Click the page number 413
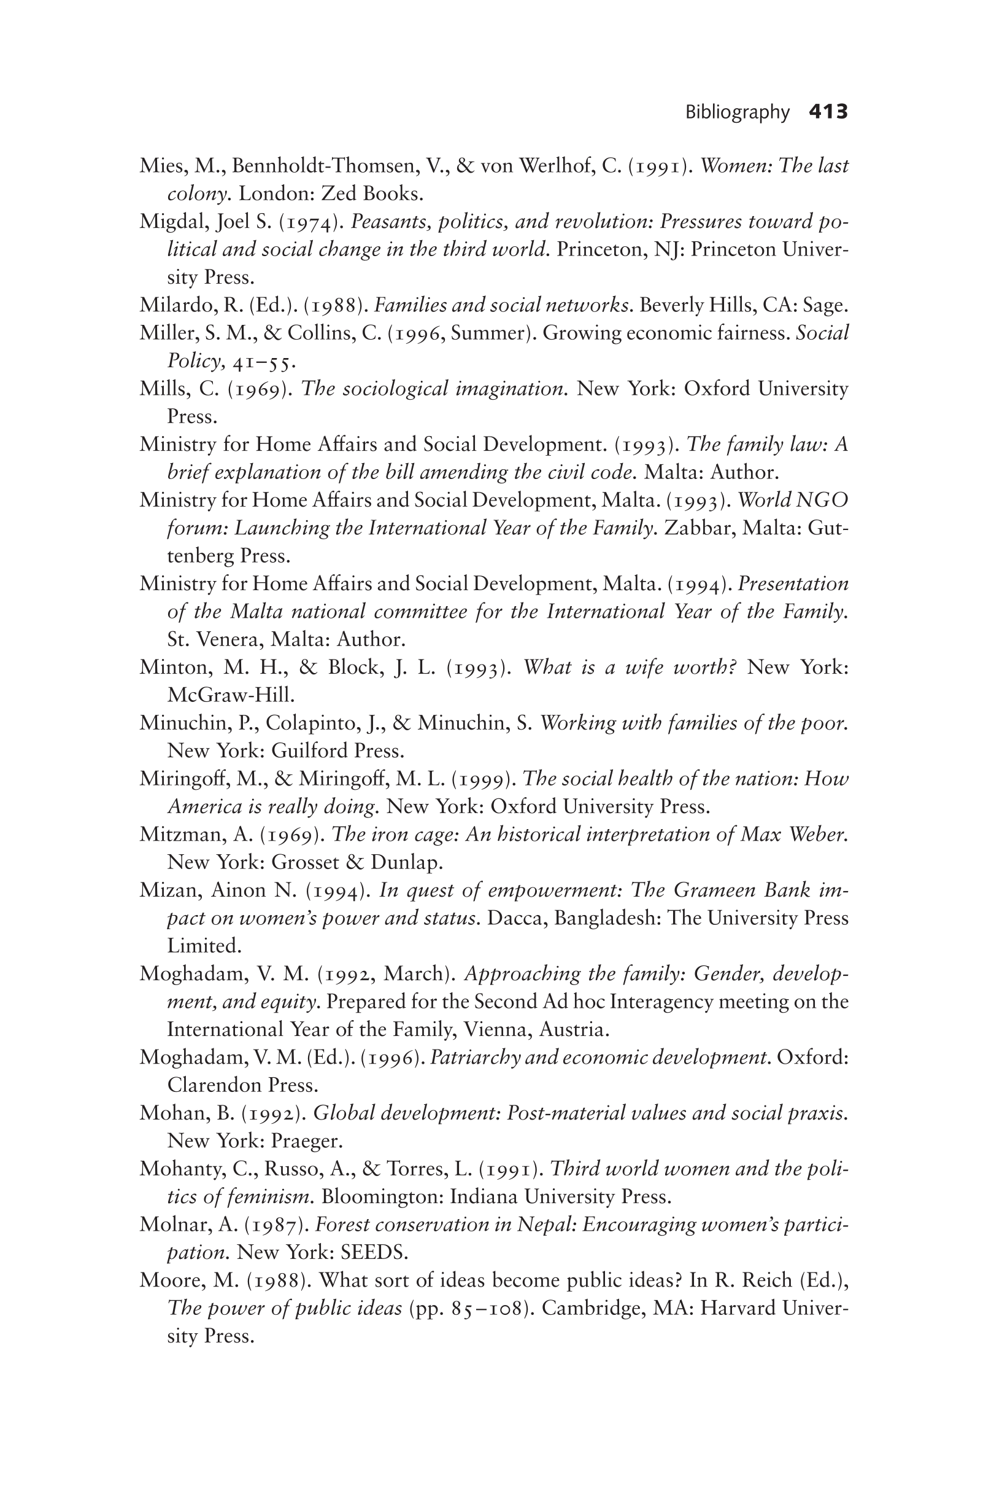click(828, 112)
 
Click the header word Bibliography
click(737, 112)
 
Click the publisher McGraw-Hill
click(230, 695)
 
